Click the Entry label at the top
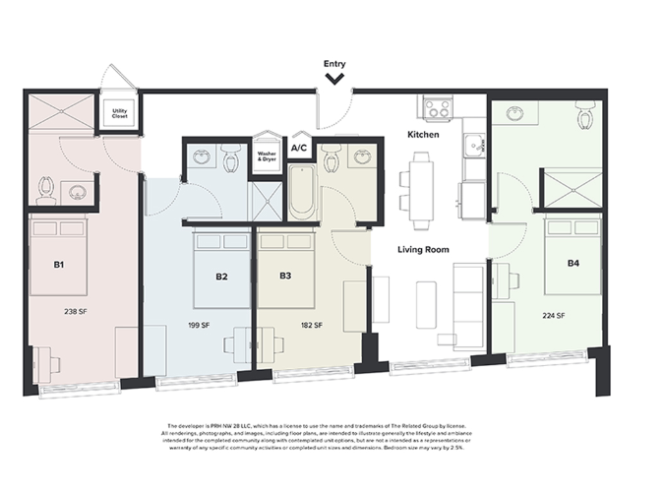pos(335,64)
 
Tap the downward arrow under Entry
pos(335,77)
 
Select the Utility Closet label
pos(120,113)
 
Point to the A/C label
pos(299,149)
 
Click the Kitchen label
pos(423,134)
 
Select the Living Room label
pos(423,250)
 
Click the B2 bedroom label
pos(222,277)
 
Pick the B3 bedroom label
pos(285,277)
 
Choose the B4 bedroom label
pos(573,264)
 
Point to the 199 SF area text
pos(201,324)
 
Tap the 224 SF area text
pos(555,316)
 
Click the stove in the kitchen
pos(437,106)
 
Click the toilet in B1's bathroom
pos(45,187)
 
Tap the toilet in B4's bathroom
pos(586,116)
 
